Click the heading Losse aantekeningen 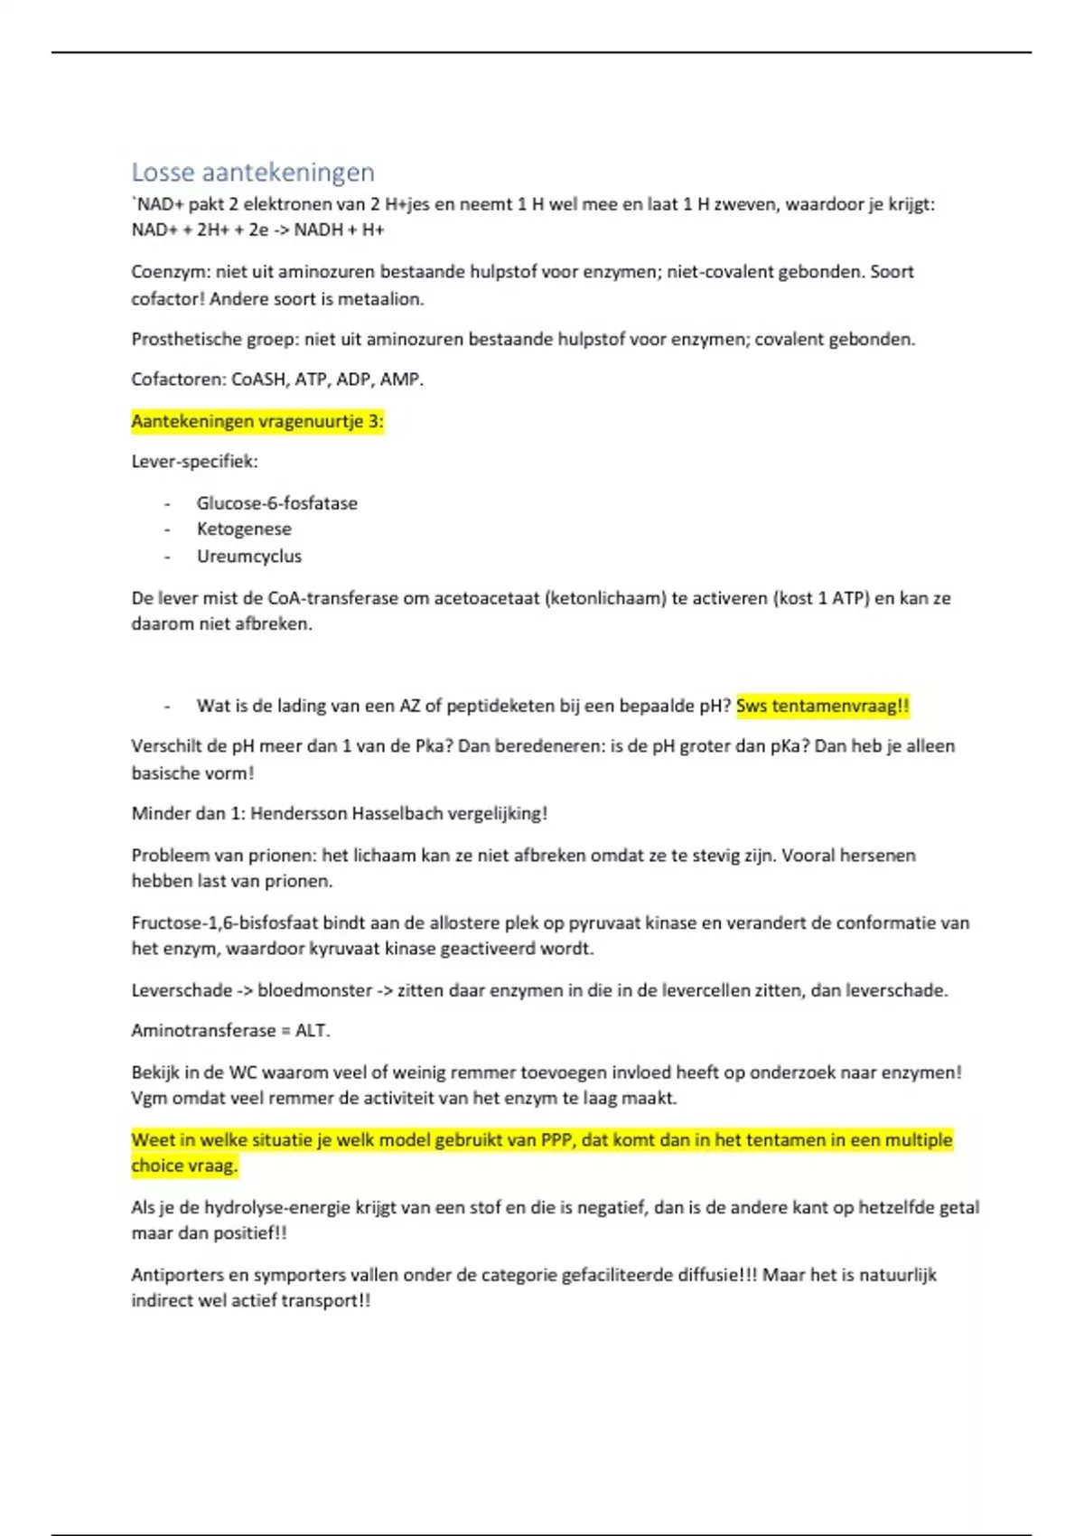[x=253, y=172]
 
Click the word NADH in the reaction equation [x=318, y=229]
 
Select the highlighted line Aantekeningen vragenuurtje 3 [x=257, y=421]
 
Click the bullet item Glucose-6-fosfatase [x=277, y=503]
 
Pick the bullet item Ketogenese [x=244, y=529]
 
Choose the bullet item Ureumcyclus [x=249, y=557]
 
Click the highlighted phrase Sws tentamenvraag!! [x=823, y=707]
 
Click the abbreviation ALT [x=312, y=1031]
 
